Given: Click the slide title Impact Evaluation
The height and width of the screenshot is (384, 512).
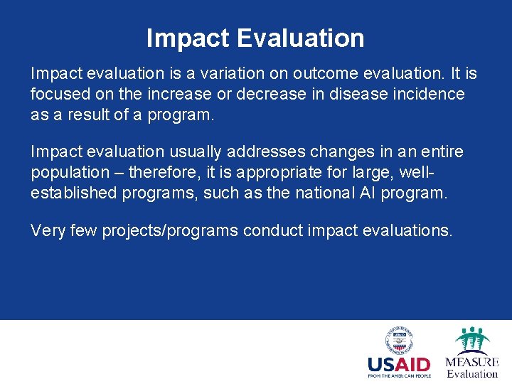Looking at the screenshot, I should (x=255, y=38).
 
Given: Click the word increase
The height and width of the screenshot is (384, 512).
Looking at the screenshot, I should (x=185, y=94).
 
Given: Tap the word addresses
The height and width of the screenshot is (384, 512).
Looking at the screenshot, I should (x=270, y=151).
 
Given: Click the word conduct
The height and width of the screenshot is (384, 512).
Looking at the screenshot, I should (x=272, y=230).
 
